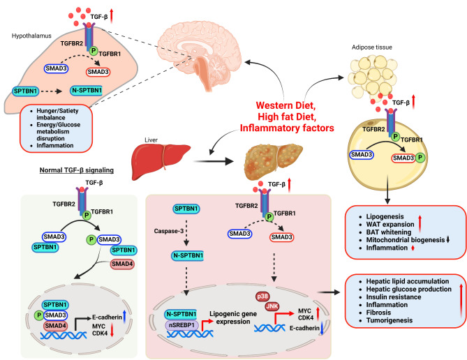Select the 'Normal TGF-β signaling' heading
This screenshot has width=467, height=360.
pyautogui.click(x=76, y=168)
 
